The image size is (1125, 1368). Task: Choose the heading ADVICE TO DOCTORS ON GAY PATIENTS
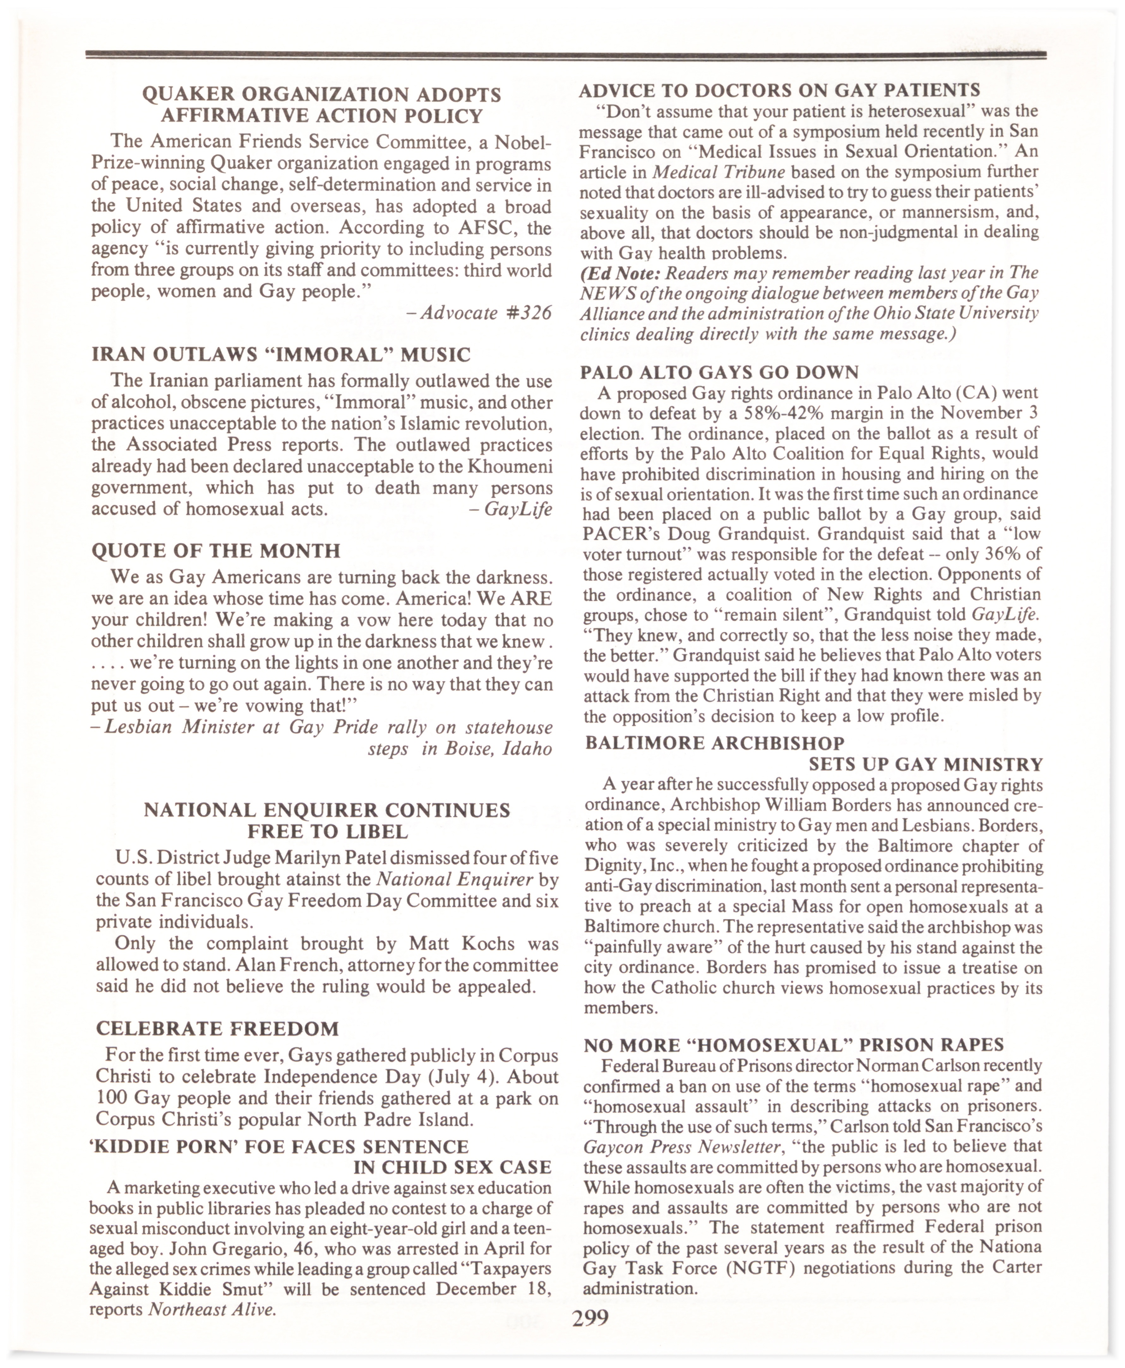tap(779, 90)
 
